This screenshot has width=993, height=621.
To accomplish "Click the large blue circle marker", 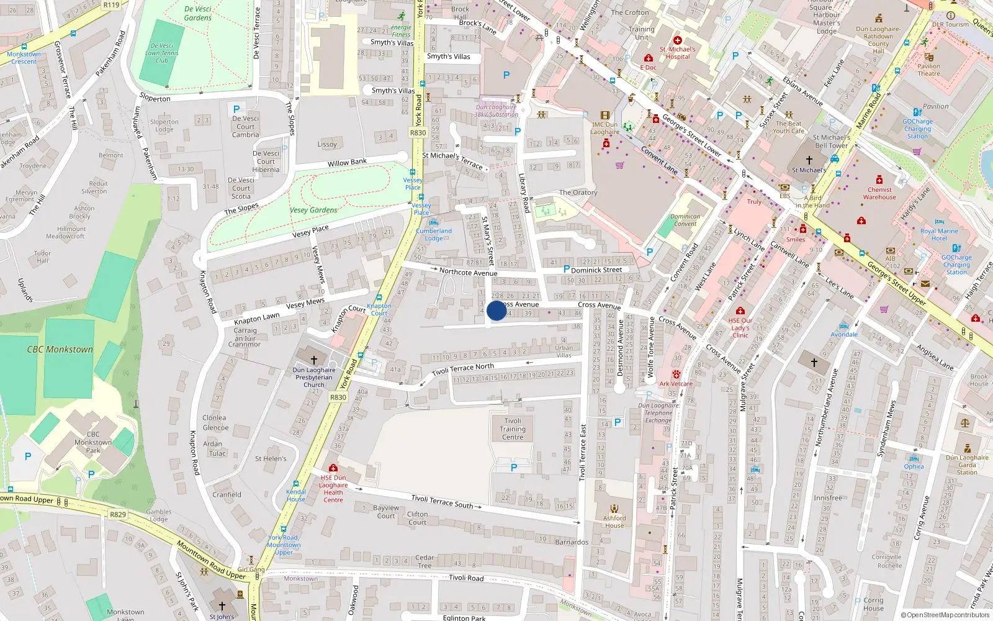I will coord(496,310).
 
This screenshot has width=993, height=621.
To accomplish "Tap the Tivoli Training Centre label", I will coord(513,429).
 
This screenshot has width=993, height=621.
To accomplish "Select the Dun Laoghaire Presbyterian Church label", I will coord(314,377).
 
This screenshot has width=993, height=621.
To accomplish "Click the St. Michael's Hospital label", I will coord(678,53).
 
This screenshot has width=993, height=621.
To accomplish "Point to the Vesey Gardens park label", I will coord(314,210).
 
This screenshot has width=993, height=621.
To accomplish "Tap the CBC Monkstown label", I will coord(60,350).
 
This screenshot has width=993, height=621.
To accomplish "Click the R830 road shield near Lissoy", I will coord(418,132).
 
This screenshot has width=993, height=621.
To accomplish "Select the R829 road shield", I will coord(118,514).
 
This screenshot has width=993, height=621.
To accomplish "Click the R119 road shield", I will coord(111,5).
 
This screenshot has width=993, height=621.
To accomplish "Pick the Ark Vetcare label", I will coord(676,384).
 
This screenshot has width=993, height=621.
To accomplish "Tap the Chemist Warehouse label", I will coord(879,193).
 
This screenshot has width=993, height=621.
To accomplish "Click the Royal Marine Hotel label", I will coord(939,235).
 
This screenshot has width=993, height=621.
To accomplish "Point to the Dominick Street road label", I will coord(596,270).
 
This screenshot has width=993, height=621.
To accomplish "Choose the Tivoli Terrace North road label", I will coord(463,369).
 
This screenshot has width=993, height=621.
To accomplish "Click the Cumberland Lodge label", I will coord(434,234).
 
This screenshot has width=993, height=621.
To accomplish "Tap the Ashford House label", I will coord(614,522).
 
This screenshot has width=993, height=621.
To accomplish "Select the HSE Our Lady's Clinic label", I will coord(740,328).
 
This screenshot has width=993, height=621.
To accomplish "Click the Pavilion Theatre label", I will coord(928,70).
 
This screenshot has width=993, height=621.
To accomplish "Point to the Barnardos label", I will coord(572,542).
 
